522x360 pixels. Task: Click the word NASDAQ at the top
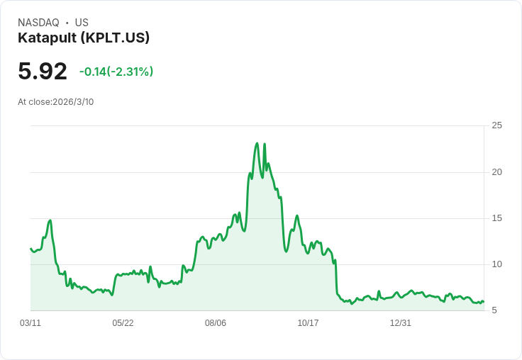pos(38,23)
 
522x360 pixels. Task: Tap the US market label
pos(82,23)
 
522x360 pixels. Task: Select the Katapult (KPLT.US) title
pos(84,38)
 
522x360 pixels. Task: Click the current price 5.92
pos(43,71)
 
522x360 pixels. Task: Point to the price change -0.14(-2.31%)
pos(116,72)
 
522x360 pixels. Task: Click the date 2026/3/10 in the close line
pos(73,102)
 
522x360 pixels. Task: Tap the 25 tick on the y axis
pos(497,125)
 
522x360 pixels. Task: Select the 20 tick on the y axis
pos(497,172)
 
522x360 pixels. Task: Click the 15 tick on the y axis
pos(497,218)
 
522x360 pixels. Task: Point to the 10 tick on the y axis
pos(497,264)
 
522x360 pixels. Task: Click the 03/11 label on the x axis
pos(30,323)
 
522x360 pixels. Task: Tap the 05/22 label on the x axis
pos(123,323)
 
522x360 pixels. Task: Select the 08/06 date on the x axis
pos(216,323)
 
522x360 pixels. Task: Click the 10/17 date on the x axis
pos(308,323)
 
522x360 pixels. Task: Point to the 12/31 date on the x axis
pos(401,323)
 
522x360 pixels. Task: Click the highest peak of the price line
pos(257,143)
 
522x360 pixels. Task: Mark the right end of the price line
pos(483,301)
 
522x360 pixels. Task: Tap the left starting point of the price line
pos(30,248)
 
